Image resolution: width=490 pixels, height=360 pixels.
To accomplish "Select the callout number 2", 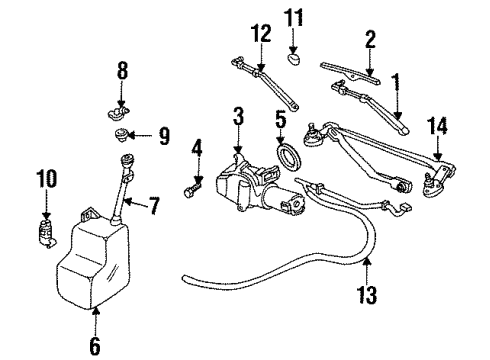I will pos(370,40).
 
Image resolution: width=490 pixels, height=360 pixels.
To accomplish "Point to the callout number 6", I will pos(95,347).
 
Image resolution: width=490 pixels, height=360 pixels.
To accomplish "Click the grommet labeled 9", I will pos(121,134).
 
